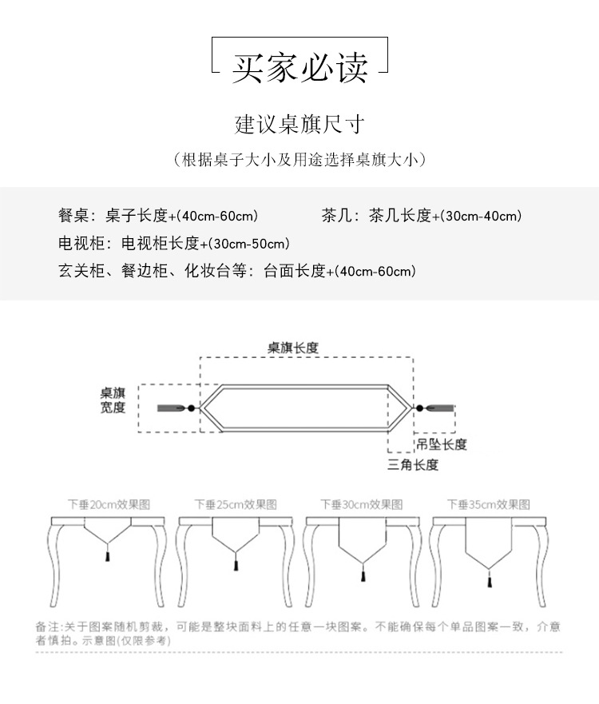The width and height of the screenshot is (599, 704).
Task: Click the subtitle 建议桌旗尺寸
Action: [x=299, y=125]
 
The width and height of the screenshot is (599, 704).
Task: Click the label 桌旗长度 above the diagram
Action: [x=292, y=348]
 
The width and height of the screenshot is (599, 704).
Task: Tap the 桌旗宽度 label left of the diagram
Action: [x=113, y=400]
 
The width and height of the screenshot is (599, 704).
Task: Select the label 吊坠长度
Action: [x=440, y=444]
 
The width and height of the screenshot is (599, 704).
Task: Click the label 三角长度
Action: [x=412, y=464]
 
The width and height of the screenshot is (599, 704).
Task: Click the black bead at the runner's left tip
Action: [x=192, y=408]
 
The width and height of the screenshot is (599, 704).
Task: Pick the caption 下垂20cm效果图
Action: [x=109, y=505]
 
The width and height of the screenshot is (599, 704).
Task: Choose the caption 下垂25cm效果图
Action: [x=236, y=505]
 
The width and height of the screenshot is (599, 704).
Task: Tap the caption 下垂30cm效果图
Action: [x=362, y=505]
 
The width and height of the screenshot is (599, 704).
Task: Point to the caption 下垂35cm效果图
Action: [x=488, y=505]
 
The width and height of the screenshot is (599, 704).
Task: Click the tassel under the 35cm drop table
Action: [x=488, y=580]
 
